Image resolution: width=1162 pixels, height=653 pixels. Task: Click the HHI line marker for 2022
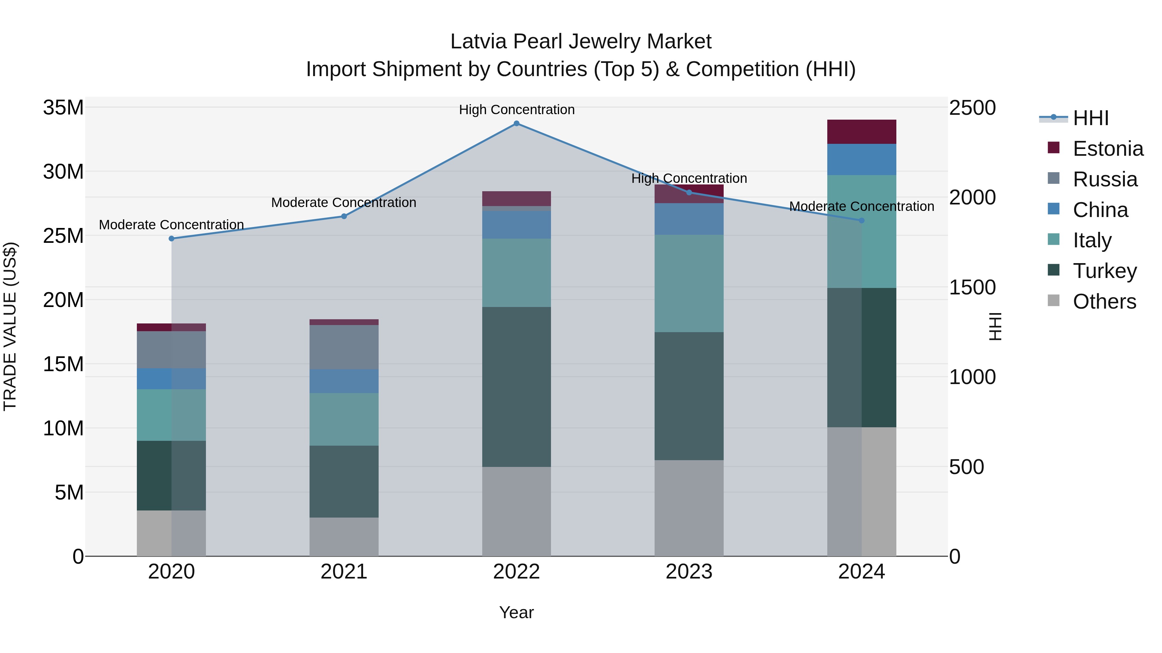click(516, 124)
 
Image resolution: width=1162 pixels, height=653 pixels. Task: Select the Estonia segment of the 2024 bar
click(861, 132)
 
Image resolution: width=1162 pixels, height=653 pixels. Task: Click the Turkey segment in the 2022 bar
click(516, 387)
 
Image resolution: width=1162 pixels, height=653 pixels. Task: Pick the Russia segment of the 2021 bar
click(344, 347)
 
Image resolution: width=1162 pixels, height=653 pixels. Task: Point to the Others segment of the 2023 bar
click(689, 508)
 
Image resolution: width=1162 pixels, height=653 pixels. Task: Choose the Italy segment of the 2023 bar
click(689, 283)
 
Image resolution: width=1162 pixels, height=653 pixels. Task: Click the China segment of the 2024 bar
click(861, 160)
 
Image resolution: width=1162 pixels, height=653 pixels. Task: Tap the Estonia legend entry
click(1107, 149)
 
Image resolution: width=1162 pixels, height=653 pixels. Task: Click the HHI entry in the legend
click(1090, 118)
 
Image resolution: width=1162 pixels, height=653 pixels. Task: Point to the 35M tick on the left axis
click(63, 108)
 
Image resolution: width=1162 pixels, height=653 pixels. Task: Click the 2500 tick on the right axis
click(972, 108)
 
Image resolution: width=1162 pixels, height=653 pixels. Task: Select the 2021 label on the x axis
click(344, 572)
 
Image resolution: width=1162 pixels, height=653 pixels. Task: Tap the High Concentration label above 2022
click(516, 110)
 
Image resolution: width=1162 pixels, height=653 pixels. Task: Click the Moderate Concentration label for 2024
click(861, 206)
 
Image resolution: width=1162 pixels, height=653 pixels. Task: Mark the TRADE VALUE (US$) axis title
click(10, 326)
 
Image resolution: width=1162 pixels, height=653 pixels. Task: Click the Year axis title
click(516, 612)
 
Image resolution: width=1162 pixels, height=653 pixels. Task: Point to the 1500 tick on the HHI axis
click(972, 287)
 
